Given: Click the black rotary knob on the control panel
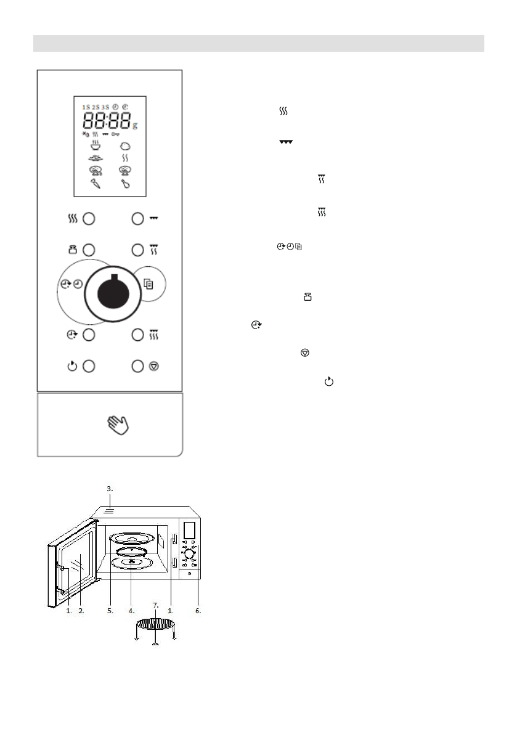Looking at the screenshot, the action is [x=110, y=288].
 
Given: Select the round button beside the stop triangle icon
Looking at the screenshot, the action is [x=137, y=365].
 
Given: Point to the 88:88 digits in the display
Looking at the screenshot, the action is [x=108, y=120].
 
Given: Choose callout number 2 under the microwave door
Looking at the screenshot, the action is [x=81, y=611].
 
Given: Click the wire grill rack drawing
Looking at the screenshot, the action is [x=155, y=624].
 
